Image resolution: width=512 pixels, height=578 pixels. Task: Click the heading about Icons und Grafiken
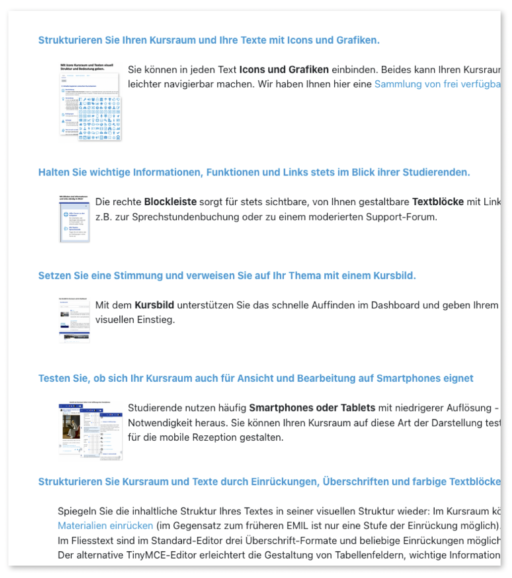coord(208,40)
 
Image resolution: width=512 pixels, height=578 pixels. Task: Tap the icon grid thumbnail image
coord(91,102)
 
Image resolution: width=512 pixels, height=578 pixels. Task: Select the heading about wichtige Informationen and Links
coord(254,173)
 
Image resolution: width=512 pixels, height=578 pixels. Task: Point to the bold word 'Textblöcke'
coord(438,202)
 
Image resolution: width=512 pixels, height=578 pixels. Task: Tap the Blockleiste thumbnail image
coord(74,219)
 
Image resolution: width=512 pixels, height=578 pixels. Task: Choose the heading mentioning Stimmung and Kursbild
coord(227,276)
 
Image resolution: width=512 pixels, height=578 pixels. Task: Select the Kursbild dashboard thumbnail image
coord(74,320)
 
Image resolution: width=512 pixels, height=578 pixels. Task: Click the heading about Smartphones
coord(256,379)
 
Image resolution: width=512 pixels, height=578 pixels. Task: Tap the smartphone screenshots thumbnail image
coord(91,430)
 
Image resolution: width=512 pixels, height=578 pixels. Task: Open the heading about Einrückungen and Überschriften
coord(269,482)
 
